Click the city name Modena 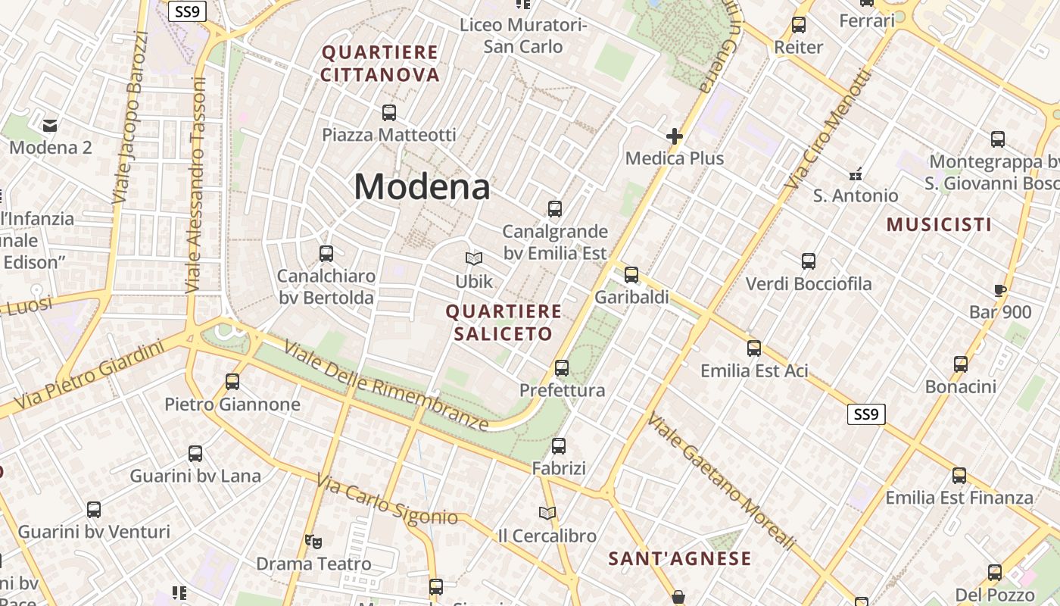pyautogui.click(x=422, y=186)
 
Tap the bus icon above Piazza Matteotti pyautogui.click(x=389, y=113)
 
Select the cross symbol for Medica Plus pyautogui.click(x=674, y=136)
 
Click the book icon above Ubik pyautogui.click(x=474, y=259)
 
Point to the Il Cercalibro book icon pyautogui.click(x=547, y=514)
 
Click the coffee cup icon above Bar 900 pyautogui.click(x=999, y=290)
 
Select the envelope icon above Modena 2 pyautogui.click(x=50, y=125)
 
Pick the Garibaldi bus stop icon pyautogui.click(x=631, y=275)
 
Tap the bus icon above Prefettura pyautogui.click(x=562, y=368)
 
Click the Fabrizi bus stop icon pyautogui.click(x=559, y=446)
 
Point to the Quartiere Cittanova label pyautogui.click(x=380, y=64)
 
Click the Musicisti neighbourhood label pyautogui.click(x=939, y=224)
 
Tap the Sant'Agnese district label pyautogui.click(x=680, y=559)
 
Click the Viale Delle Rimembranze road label pyautogui.click(x=387, y=386)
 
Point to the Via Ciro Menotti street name pyautogui.click(x=828, y=130)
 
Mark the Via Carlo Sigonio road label pyautogui.click(x=387, y=501)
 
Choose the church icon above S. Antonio pyautogui.click(x=856, y=173)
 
